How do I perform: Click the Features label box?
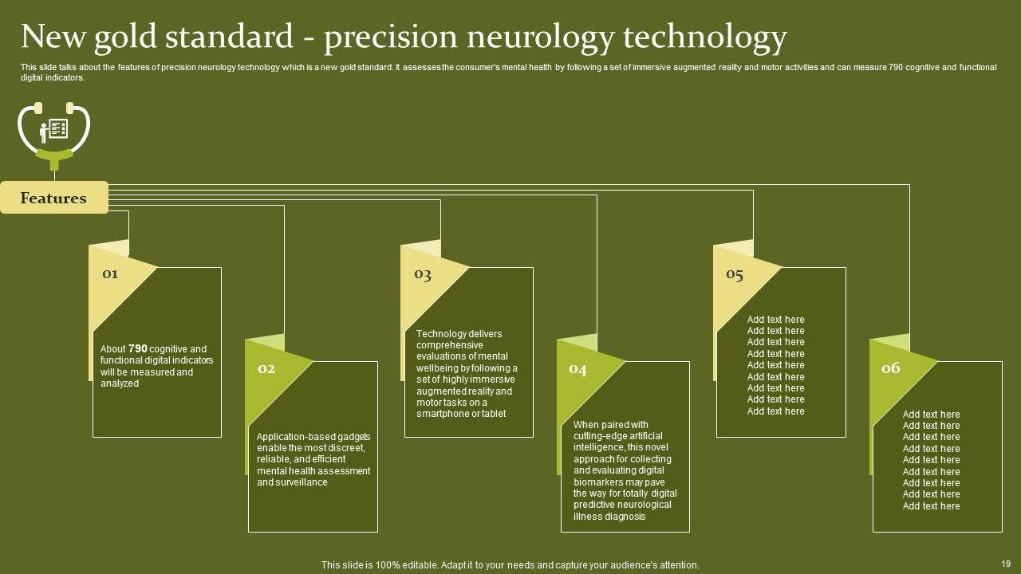53,198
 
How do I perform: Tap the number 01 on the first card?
110,273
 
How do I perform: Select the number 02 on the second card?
266,368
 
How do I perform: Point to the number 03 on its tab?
422,274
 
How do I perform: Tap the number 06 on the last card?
890,368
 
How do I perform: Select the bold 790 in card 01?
138,348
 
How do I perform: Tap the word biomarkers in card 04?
598,482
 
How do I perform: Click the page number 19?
1004,562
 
